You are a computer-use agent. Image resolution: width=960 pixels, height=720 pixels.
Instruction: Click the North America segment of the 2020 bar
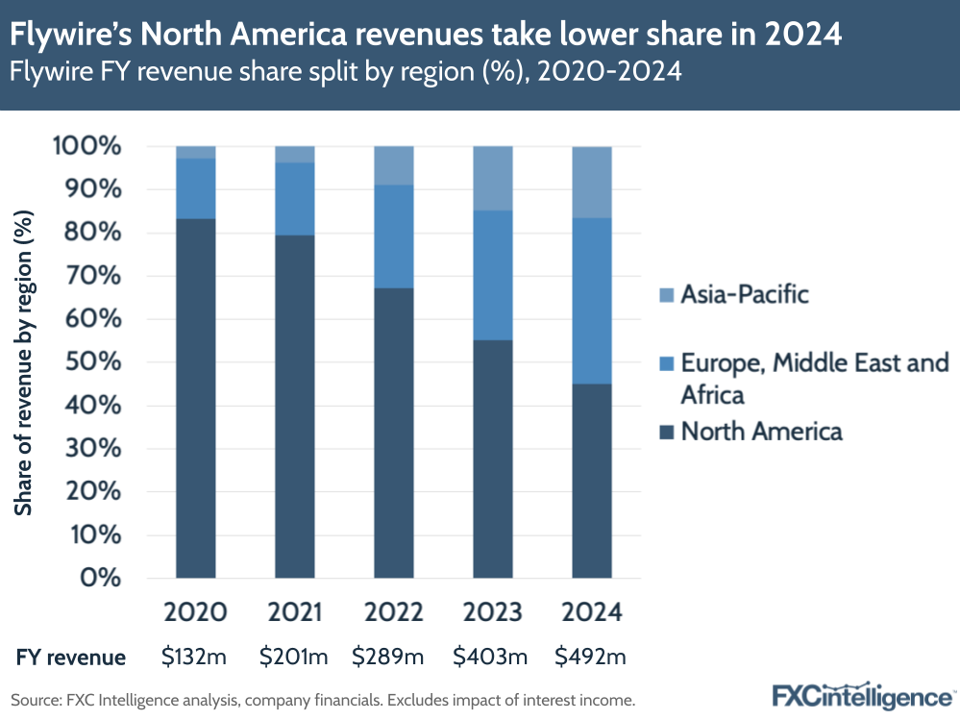(x=195, y=398)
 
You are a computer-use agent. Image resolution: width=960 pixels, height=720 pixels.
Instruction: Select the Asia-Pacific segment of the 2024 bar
(x=592, y=183)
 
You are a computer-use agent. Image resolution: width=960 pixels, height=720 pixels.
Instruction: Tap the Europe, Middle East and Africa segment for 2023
(x=493, y=275)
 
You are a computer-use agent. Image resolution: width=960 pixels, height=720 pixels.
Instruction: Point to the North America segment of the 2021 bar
(x=295, y=406)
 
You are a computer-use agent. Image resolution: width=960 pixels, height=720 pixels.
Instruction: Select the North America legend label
(x=761, y=431)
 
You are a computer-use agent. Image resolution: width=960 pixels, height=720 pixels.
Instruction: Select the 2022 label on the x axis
(x=394, y=612)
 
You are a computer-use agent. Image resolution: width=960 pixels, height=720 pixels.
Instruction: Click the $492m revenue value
(x=591, y=658)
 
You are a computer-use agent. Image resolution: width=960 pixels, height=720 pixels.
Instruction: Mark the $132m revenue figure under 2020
(x=194, y=658)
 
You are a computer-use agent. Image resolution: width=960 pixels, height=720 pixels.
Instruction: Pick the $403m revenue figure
(x=492, y=658)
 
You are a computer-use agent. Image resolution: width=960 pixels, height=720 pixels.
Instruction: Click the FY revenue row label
(x=70, y=658)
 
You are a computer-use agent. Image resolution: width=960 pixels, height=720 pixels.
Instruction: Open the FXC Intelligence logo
(x=862, y=694)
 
